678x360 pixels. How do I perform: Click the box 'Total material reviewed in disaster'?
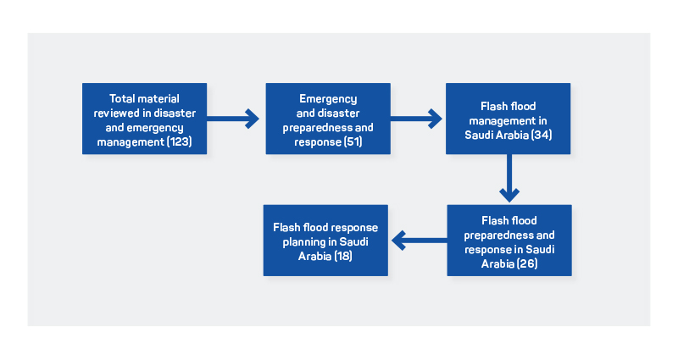(x=144, y=119)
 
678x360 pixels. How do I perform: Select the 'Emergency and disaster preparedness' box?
(x=328, y=119)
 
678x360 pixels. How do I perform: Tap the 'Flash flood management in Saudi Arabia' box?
(x=508, y=119)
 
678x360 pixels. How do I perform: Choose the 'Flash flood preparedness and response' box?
(x=509, y=241)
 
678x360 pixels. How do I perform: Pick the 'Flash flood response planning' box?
(x=325, y=241)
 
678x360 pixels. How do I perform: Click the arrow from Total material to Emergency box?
(x=232, y=119)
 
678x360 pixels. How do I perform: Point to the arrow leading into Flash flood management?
(x=416, y=119)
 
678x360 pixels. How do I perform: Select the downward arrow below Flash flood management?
(x=509, y=178)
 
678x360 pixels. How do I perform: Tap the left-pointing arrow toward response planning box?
(x=420, y=241)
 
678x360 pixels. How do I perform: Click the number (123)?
(x=180, y=141)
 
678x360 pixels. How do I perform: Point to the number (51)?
(x=353, y=141)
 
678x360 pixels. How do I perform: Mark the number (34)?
(x=542, y=135)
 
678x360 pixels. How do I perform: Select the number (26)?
(x=526, y=263)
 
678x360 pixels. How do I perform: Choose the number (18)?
(x=343, y=256)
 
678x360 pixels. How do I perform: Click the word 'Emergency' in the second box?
(x=328, y=99)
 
